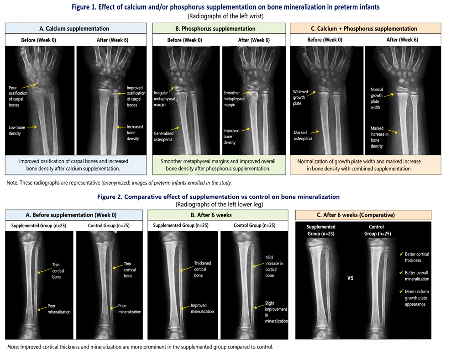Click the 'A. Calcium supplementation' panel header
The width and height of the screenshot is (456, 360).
click(74, 28)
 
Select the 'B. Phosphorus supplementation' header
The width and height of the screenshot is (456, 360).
click(215, 28)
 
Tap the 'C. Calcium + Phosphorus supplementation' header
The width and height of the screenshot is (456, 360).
click(364, 28)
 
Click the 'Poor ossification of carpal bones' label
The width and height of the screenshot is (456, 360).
click(18, 96)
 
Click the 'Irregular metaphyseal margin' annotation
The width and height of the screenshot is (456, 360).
click(164, 99)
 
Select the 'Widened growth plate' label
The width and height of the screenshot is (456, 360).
click(300, 97)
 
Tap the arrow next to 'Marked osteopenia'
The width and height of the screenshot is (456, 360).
click(314, 132)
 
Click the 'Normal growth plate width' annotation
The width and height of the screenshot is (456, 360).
click(377, 98)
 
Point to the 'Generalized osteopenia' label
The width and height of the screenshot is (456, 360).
click(163, 137)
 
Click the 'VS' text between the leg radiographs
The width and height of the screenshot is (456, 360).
click(350, 278)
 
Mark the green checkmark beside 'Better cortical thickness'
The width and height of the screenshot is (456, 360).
click(401, 254)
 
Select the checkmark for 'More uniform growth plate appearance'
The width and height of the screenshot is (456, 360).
click(401, 291)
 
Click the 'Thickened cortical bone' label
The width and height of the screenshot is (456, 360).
click(202, 269)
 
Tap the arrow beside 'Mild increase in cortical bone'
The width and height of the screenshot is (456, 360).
click(258, 265)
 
